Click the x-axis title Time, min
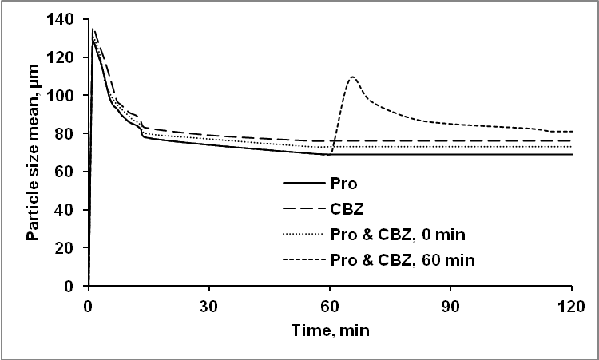tap(331, 329)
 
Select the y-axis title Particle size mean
tap(33, 152)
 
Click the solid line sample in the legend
tap(303, 183)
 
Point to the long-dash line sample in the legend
tap(303, 209)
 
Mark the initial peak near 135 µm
tap(93, 30)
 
